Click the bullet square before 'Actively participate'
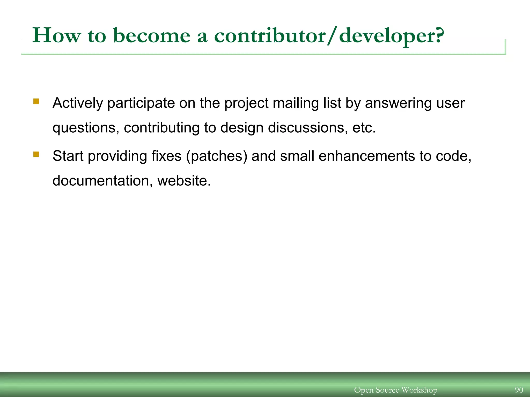click(x=36, y=101)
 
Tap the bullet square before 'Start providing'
click(x=36, y=155)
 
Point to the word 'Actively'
click(x=78, y=103)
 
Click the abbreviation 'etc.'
click(x=364, y=128)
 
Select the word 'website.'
click(x=184, y=181)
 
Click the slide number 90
click(x=519, y=390)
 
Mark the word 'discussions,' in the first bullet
click(x=308, y=128)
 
